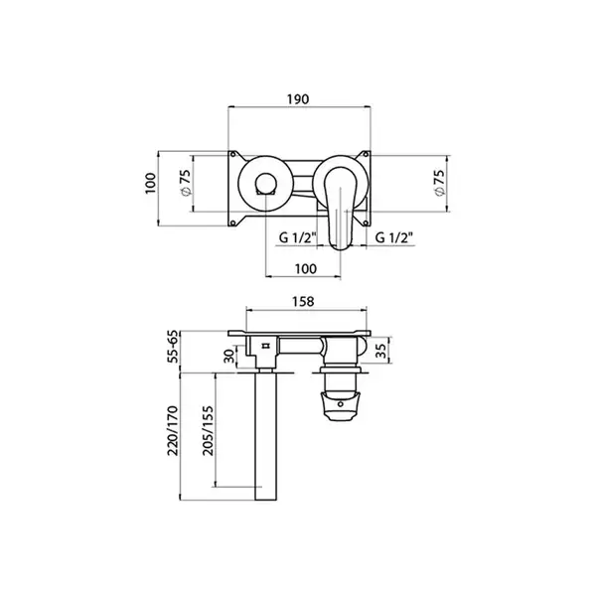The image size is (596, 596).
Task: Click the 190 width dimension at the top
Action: click(298, 99)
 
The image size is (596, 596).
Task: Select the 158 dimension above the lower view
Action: click(303, 301)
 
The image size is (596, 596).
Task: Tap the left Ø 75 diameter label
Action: click(186, 183)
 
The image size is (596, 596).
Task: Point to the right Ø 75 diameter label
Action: click(439, 183)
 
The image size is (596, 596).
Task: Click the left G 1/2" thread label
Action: click(298, 238)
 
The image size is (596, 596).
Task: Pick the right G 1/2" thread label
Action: click(394, 238)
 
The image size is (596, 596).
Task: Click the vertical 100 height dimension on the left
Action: click(151, 183)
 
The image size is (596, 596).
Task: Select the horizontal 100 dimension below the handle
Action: click(306, 269)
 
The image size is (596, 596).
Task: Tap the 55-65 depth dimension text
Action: click(173, 347)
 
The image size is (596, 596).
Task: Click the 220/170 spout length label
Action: click(173, 431)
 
